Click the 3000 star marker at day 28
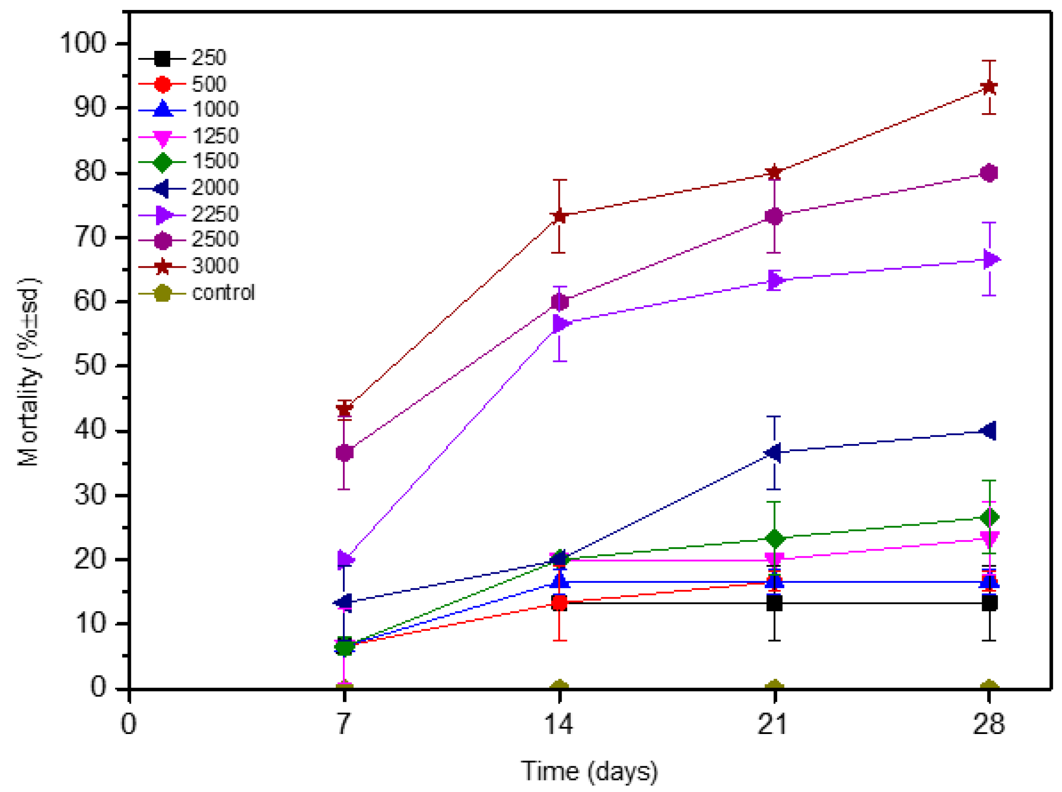click(989, 87)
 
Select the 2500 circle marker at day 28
click(989, 173)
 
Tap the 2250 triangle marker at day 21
click(774, 280)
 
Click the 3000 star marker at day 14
click(559, 216)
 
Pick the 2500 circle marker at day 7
click(344, 453)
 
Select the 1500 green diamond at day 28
click(989, 517)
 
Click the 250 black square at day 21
click(774, 603)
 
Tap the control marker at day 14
click(559, 687)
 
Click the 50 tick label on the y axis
click(90, 365)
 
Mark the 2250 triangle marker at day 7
click(345, 559)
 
